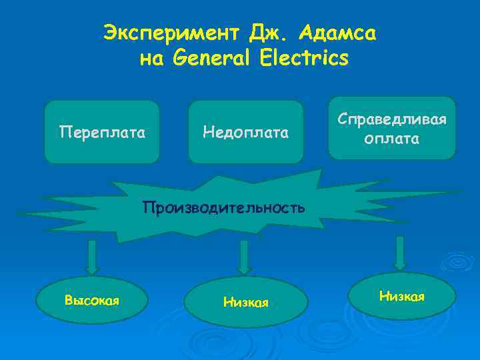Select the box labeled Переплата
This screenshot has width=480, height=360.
(102, 132)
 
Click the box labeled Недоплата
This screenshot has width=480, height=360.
(246, 132)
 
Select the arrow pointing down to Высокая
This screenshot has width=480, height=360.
(93, 257)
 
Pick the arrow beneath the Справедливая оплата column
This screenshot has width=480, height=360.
(400, 253)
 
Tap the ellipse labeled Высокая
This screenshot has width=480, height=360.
(92, 300)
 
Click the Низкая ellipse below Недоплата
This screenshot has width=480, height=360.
(246, 303)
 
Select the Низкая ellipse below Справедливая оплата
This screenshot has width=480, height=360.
(402, 295)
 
